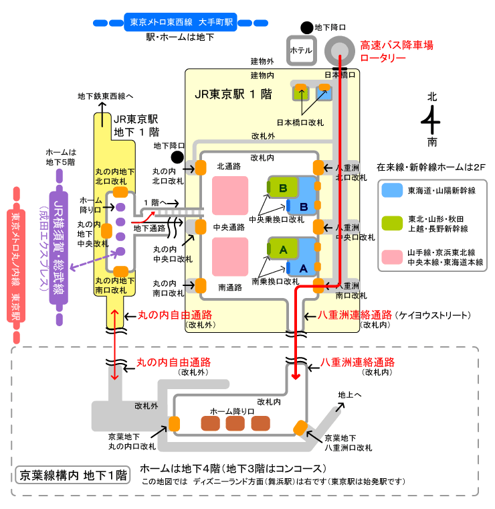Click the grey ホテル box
[x=300, y=50]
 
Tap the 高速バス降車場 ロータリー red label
[x=397, y=52]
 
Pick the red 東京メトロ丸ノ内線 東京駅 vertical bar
[x=17, y=265]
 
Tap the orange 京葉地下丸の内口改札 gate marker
[x=175, y=423]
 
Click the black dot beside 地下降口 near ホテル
[x=306, y=27]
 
